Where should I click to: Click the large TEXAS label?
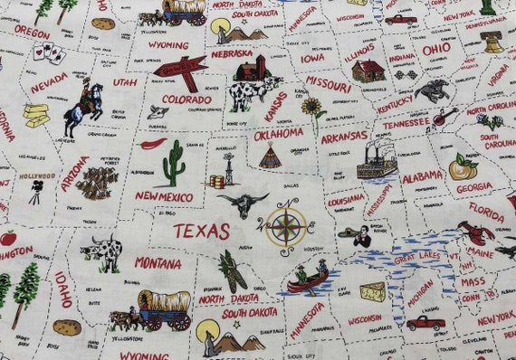click(201, 231)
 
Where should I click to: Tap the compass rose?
click(284, 226)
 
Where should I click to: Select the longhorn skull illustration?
click(242, 204)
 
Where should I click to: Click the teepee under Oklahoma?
click(269, 157)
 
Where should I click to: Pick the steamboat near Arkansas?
click(375, 160)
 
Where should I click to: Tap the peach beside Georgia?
click(461, 166)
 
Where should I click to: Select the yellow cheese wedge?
click(372, 291)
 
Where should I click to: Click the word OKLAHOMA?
click(279, 134)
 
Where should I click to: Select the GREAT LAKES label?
click(416, 258)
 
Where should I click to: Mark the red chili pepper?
click(155, 143)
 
